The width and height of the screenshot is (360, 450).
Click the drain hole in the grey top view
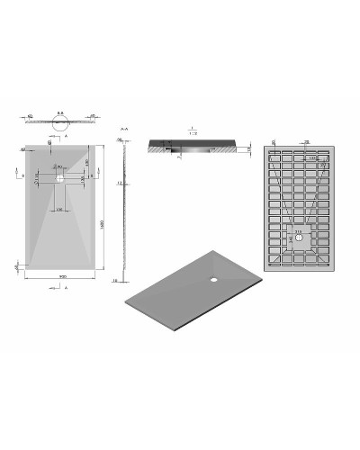(x=58, y=178)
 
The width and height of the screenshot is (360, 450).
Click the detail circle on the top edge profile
(x=59, y=125)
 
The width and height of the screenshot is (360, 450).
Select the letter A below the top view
(x=67, y=286)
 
